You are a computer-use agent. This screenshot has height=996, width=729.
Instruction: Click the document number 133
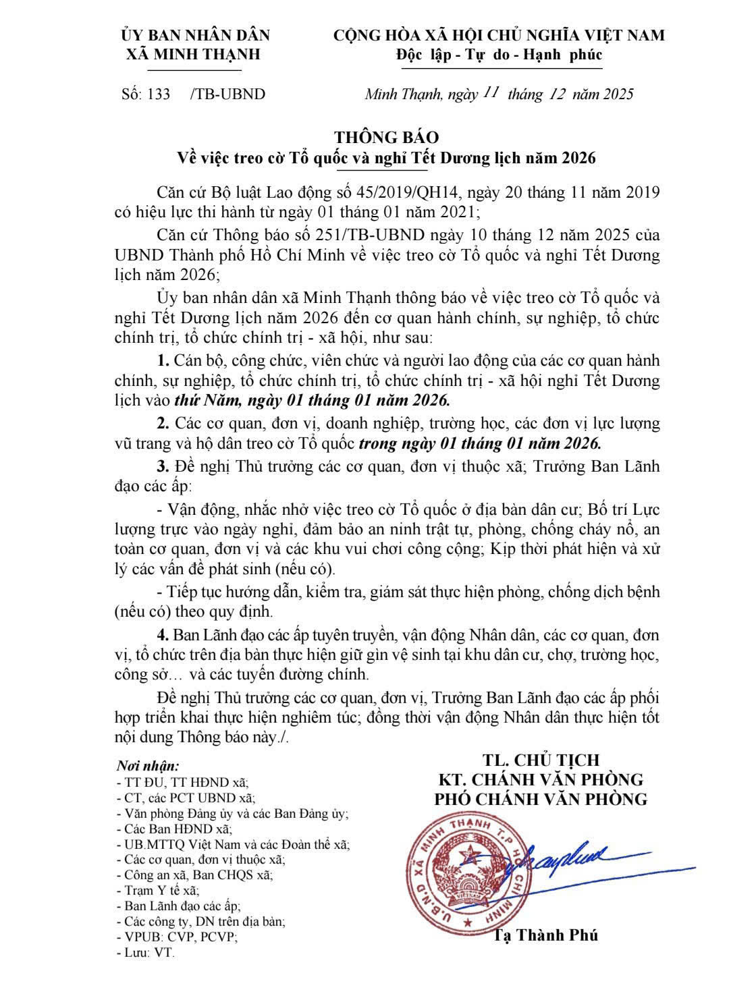[x=159, y=94]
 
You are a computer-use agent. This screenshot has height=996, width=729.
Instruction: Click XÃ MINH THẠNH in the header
[x=194, y=55]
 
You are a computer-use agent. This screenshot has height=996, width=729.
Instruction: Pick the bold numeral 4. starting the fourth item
[x=163, y=635]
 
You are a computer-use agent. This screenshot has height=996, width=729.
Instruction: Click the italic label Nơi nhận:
[x=148, y=766]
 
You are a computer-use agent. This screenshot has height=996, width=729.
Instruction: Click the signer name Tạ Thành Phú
[x=546, y=935]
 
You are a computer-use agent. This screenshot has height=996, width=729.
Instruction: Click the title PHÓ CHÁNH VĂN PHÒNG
[x=540, y=799]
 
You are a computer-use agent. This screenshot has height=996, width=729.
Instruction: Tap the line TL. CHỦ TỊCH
[x=540, y=760]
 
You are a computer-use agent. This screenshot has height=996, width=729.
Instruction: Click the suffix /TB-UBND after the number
[x=227, y=94]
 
